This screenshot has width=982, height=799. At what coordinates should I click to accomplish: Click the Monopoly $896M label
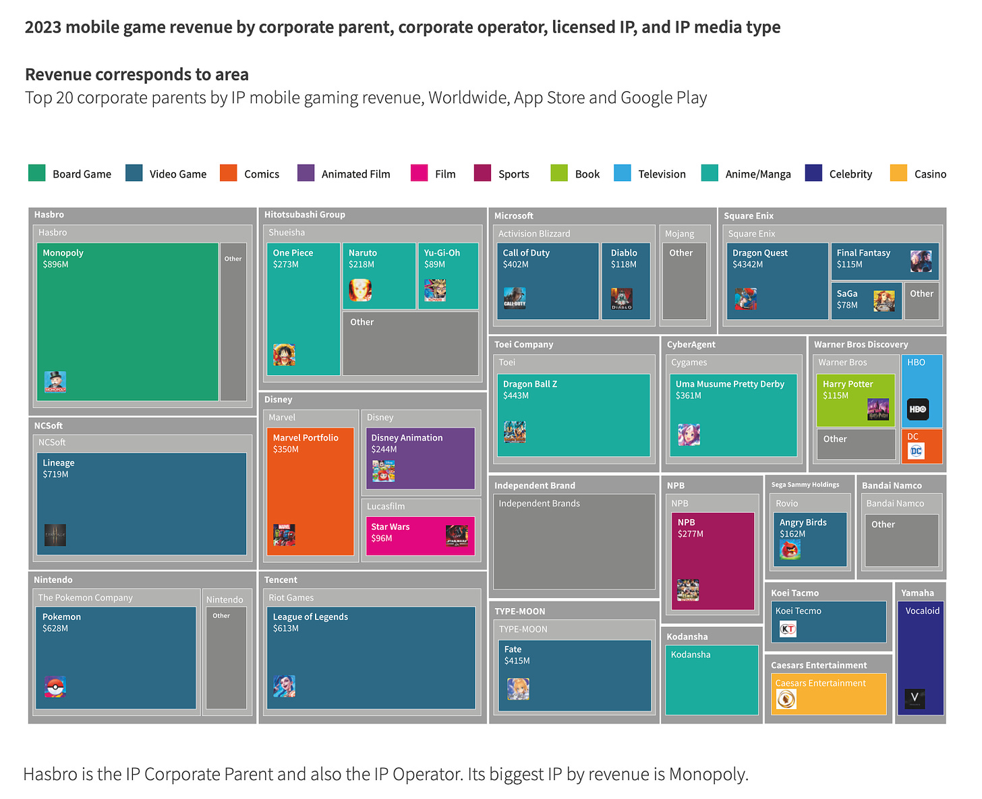(63, 258)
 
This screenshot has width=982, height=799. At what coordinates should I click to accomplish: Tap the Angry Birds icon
(790, 550)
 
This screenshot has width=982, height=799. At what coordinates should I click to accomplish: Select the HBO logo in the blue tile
(918, 409)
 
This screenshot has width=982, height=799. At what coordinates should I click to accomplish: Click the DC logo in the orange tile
(916, 451)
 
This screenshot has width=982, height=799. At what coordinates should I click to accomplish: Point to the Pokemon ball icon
(55, 687)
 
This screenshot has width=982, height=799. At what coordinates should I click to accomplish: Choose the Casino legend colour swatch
(898, 173)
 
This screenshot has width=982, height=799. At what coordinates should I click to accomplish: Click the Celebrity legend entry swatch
(813, 173)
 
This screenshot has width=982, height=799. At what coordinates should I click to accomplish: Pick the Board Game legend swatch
(36, 173)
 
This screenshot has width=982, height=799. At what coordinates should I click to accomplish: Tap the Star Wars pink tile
(420, 536)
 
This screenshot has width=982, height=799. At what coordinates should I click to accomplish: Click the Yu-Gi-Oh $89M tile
(448, 275)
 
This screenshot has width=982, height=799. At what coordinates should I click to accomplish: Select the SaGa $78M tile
(866, 300)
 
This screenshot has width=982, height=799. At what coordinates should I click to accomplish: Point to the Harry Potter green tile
(855, 399)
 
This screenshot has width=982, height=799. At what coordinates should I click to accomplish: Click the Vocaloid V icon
(915, 698)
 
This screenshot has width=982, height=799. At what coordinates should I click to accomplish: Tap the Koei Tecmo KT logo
(788, 630)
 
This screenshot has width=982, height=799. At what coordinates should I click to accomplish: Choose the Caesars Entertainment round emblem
(786, 699)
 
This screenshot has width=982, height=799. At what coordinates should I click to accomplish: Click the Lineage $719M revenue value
(55, 474)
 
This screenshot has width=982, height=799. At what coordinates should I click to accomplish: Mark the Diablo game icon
(621, 298)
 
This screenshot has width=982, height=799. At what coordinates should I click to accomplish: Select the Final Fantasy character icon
(921, 260)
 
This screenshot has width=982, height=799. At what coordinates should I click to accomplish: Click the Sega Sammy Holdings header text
(805, 485)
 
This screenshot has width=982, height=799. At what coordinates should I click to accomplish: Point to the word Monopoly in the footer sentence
(707, 774)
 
